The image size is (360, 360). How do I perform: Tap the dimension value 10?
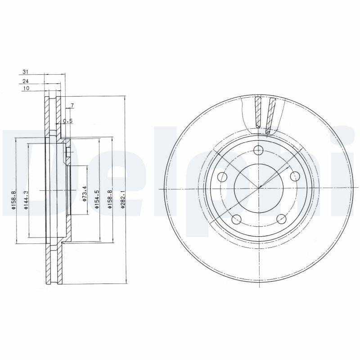26,89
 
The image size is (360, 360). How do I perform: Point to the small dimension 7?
72,106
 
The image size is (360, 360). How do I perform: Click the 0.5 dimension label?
67,121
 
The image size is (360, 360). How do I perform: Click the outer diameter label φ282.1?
122,198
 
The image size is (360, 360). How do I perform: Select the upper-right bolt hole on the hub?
295,176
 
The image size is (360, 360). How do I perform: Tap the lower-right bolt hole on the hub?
281,219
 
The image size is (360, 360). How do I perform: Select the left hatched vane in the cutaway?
257,112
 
